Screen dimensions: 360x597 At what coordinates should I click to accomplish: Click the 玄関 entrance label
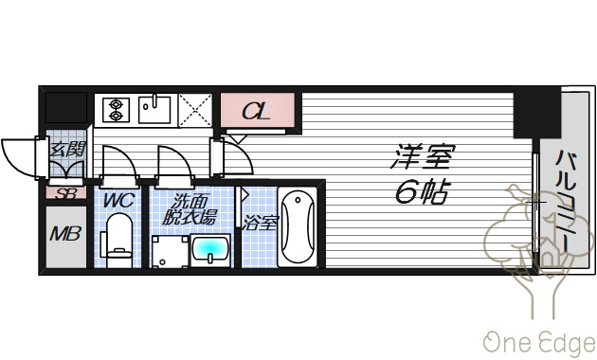click(66, 149)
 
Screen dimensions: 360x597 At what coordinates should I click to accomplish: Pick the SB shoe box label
click(65, 193)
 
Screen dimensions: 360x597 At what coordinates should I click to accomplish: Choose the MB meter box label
click(65, 234)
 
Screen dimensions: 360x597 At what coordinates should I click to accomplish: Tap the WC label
click(118, 201)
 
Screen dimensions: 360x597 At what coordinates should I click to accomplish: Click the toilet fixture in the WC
click(119, 240)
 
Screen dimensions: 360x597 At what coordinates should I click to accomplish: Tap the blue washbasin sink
click(210, 251)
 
